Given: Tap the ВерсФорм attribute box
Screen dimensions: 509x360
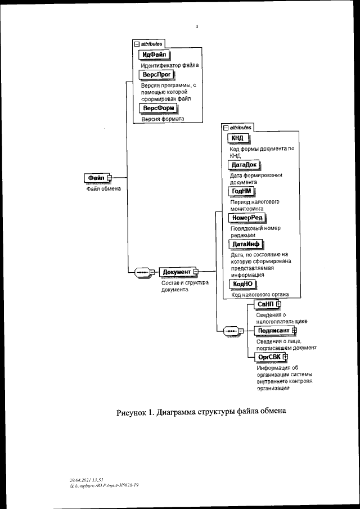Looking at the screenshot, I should pyautogui.click(x=157, y=108).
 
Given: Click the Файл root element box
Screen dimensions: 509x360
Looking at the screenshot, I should pyautogui.click(x=94, y=178).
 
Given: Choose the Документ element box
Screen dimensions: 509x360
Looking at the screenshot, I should pyautogui.click(x=177, y=272).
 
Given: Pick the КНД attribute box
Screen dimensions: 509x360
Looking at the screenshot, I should pyautogui.click(x=237, y=138).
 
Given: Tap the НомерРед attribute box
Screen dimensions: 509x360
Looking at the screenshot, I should pyautogui.click(x=247, y=218).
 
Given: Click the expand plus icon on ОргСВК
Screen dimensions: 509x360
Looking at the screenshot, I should pyautogui.click(x=285, y=357).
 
